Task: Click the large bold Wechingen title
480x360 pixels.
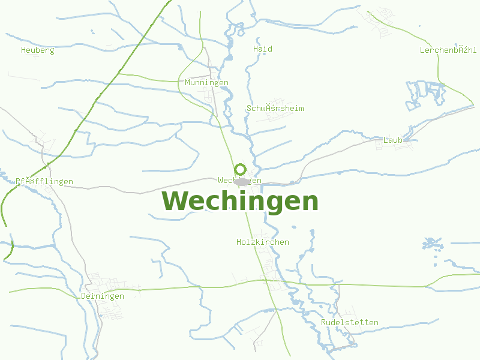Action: (240, 202)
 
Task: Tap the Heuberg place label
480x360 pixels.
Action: (37, 50)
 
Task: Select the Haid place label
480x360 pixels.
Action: (263, 49)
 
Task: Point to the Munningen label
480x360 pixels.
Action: (207, 82)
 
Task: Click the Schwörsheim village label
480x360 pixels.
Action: (275, 109)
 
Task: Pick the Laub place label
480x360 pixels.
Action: (392, 140)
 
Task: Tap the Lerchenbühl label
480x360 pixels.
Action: (448, 50)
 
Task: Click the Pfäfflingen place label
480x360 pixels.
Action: (44, 182)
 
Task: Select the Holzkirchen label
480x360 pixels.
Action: (263, 242)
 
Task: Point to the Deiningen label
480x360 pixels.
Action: (103, 296)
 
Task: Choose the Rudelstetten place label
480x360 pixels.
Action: (350, 323)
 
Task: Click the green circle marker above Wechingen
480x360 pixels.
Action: (240, 169)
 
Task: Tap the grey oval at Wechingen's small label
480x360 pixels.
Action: (242, 181)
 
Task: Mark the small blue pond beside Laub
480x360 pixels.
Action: (407, 139)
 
